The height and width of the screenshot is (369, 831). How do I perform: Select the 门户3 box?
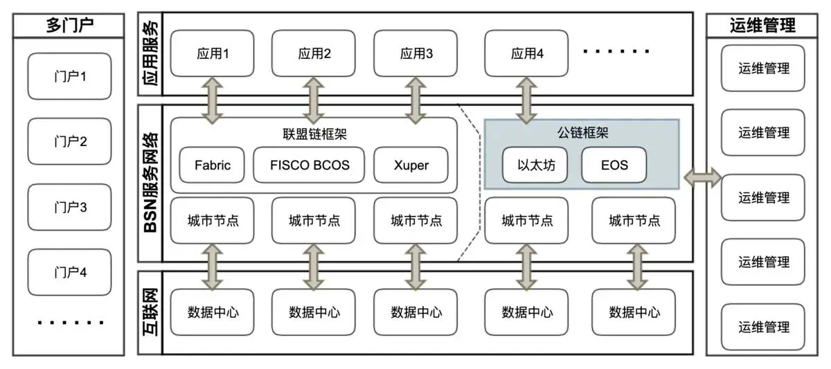click(69, 206)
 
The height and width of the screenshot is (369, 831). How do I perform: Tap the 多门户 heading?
click(69, 26)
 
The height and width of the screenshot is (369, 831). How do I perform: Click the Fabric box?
click(213, 165)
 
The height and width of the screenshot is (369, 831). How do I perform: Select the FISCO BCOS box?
click(310, 165)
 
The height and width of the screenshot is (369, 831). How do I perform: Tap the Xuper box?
click(411, 165)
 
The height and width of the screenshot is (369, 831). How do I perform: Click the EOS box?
click(614, 165)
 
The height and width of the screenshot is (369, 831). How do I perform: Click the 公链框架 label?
click(580, 132)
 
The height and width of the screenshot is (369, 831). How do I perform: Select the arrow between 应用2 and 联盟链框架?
click(314, 100)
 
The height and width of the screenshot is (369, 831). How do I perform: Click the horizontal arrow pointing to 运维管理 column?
click(702, 178)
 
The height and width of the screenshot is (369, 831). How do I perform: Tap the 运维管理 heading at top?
click(762, 26)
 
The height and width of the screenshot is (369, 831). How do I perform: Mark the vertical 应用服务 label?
click(150, 53)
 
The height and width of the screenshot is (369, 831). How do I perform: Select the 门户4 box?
click(69, 271)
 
